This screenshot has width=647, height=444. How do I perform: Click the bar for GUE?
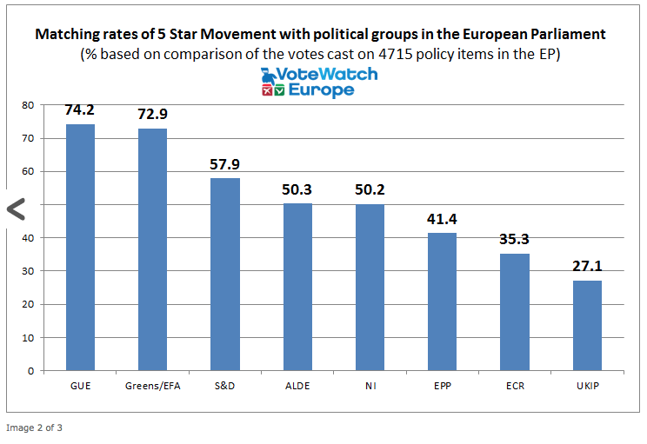(x=80, y=248)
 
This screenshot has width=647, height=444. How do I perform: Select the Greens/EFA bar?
(x=152, y=249)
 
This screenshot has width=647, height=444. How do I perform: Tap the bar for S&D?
(x=225, y=275)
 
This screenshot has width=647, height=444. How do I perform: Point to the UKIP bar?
(x=587, y=325)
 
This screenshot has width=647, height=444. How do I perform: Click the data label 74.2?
(x=80, y=111)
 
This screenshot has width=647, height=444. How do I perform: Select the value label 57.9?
(x=225, y=164)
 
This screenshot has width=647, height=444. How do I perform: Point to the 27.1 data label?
(x=587, y=267)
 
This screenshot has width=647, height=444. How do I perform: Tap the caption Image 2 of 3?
(x=35, y=427)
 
